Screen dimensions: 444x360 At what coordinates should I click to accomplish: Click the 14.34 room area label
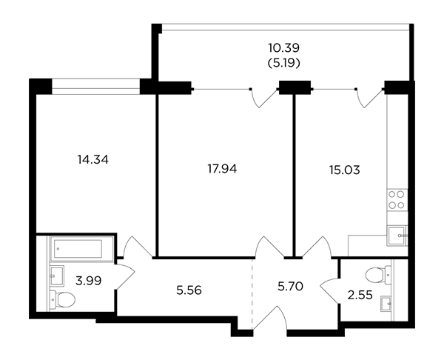[93, 160]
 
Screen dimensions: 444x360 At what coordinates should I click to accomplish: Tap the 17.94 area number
[222, 169]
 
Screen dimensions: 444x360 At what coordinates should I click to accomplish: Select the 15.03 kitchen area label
[345, 170]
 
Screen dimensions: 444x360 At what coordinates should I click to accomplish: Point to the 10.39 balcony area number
[283, 48]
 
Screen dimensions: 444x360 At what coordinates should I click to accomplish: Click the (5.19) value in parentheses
[283, 63]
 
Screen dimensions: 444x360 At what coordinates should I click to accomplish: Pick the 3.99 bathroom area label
[89, 281]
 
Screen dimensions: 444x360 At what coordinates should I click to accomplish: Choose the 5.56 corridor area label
[189, 290]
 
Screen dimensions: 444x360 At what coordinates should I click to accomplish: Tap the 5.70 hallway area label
[291, 287]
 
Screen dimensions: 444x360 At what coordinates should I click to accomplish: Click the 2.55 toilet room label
[360, 296]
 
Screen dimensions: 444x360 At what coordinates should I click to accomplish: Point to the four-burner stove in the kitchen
[397, 200]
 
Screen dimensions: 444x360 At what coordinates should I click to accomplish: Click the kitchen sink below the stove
[397, 236]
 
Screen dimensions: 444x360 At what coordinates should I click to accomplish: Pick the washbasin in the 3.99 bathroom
[57, 276]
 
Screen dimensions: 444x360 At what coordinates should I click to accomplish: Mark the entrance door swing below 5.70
[270, 317]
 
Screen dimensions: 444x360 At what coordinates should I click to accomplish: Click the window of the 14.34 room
[96, 87]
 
